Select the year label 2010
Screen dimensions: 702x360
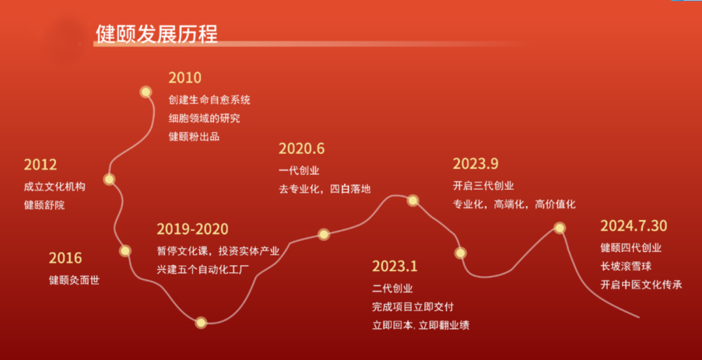(x=185, y=78)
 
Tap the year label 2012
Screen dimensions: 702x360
(x=41, y=165)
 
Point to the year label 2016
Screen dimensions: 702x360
(x=66, y=258)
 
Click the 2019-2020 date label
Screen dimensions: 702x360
(x=192, y=229)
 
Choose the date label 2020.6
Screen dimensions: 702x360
(x=302, y=149)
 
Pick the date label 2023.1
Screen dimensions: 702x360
(x=395, y=266)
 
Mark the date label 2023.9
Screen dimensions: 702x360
(x=475, y=164)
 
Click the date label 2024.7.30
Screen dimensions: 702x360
(x=634, y=226)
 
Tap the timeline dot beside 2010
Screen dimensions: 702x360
(x=146, y=92)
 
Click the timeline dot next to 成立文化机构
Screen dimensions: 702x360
(x=109, y=179)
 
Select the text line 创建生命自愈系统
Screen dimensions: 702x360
(x=209, y=100)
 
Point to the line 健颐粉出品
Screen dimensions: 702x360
(x=194, y=136)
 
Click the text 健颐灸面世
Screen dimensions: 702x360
(x=74, y=281)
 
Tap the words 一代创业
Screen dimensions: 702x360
(x=299, y=171)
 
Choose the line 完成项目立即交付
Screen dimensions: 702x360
(x=413, y=307)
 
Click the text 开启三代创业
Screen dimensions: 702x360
(x=483, y=186)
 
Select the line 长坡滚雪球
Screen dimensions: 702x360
(x=626, y=266)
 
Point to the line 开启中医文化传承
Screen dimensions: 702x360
(x=641, y=285)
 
